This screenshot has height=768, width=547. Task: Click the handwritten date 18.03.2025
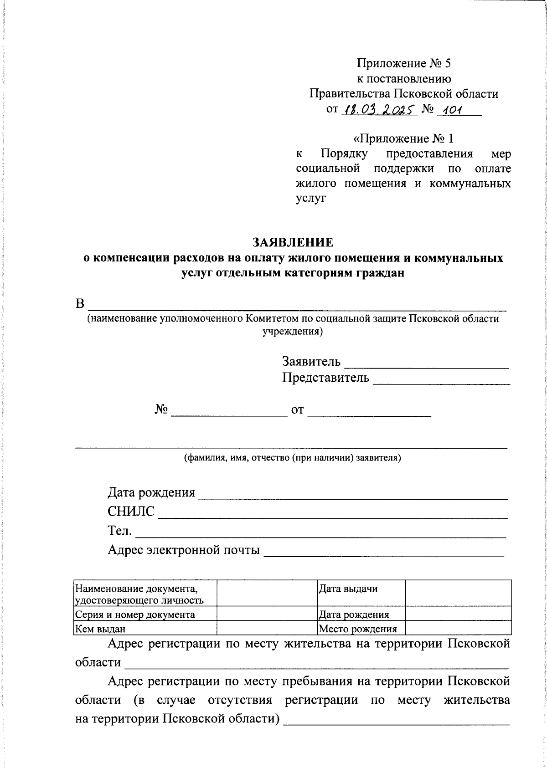(x=379, y=109)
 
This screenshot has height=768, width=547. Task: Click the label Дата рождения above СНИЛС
(x=151, y=492)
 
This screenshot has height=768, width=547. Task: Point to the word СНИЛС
(x=131, y=512)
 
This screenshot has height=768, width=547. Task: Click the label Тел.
(x=120, y=531)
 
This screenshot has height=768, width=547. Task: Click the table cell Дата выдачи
(x=348, y=589)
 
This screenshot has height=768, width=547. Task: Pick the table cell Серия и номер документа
(x=135, y=615)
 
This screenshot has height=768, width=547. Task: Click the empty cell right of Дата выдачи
(x=458, y=593)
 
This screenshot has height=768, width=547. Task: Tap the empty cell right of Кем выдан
(x=267, y=628)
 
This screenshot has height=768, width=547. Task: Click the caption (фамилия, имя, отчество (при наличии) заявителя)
(x=292, y=458)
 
